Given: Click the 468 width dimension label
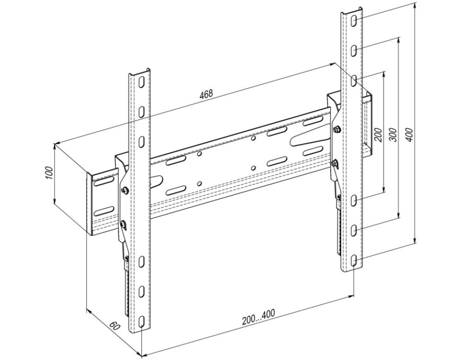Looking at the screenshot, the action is [206, 94].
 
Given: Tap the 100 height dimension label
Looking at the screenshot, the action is [49, 173].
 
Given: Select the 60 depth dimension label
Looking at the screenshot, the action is [115, 326].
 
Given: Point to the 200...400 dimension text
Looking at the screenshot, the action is [258, 317].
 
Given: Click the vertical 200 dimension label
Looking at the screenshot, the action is [379, 135].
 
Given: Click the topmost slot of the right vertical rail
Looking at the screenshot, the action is [354, 21].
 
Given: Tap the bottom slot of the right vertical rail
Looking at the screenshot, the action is [354, 261].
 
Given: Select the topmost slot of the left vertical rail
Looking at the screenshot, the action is [142, 82].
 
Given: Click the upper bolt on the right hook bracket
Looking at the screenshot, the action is [337, 129].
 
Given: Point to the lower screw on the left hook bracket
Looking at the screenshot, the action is [124, 224].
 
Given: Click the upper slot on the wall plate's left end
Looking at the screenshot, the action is [104, 182].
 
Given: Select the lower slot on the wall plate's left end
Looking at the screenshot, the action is [104, 211].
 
